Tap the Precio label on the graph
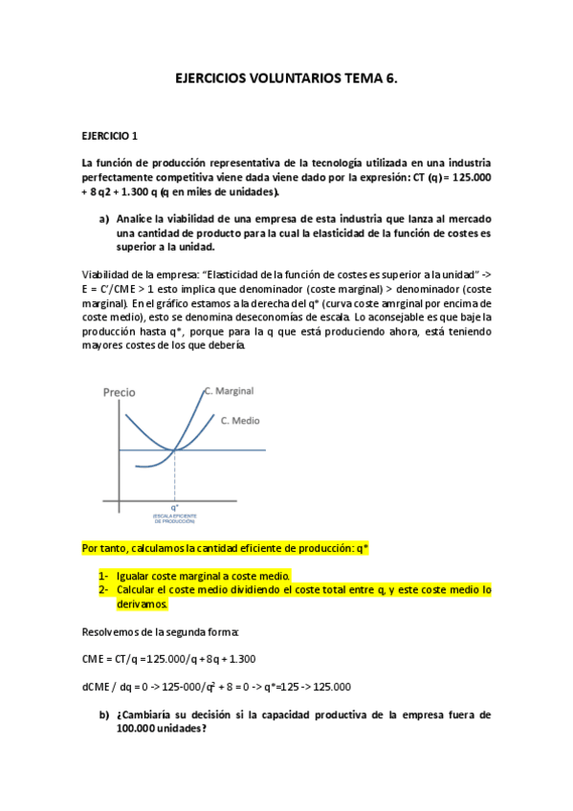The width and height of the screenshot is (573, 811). click(x=120, y=392)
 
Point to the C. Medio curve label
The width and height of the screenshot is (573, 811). click(x=240, y=420)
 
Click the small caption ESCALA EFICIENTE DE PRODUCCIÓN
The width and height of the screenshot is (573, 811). click(x=174, y=518)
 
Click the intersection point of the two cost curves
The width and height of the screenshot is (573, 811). click(x=174, y=449)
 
